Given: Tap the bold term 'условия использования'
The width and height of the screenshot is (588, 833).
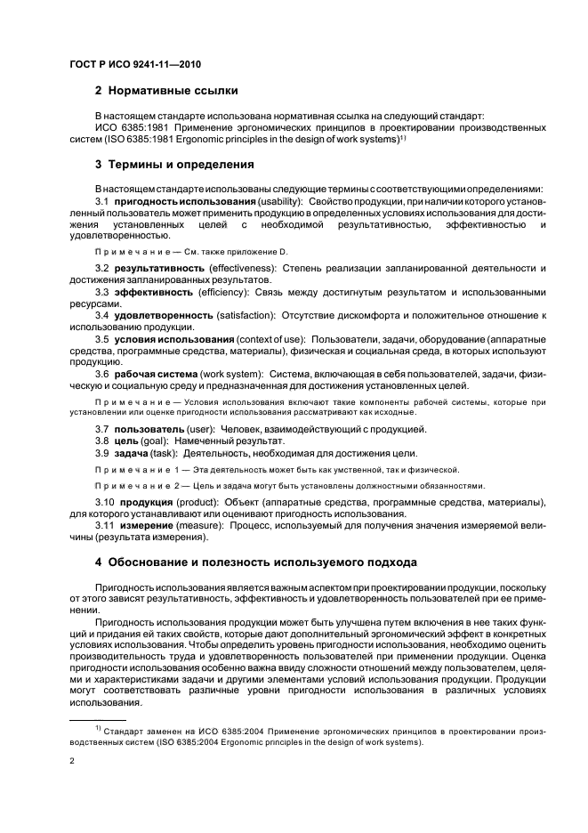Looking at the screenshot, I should point(174,340).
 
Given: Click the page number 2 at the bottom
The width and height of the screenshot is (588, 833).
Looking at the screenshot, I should point(72,761).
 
